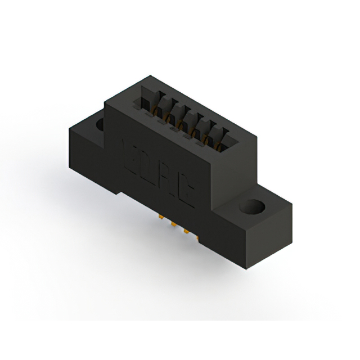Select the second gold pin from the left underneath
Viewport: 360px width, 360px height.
(x=170, y=224)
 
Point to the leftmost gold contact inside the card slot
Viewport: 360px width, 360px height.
(x=151, y=112)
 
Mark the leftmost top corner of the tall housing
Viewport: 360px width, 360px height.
(x=105, y=101)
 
